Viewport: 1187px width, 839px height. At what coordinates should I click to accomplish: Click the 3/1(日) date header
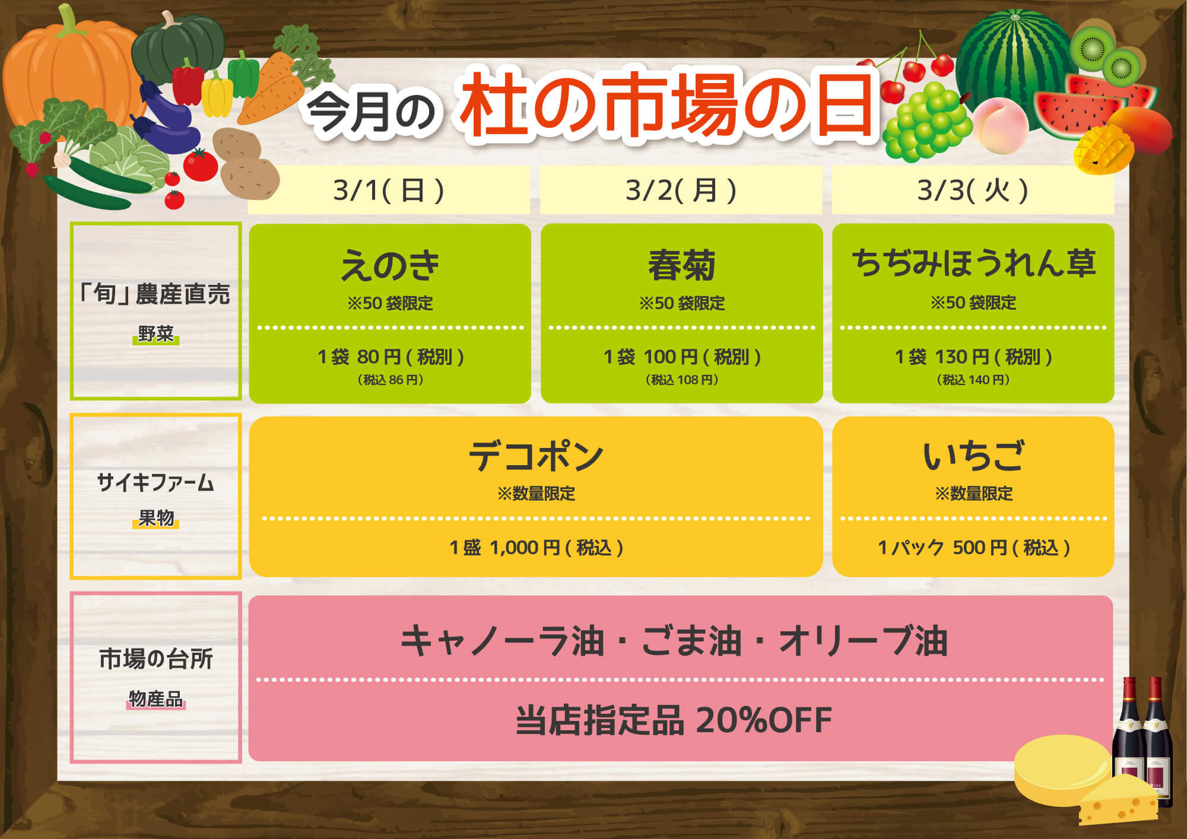(x=389, y=190)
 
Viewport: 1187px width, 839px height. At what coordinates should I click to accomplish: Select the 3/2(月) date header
(x=681, y=190)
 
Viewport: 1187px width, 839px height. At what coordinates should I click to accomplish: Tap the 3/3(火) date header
(x=973, y=190)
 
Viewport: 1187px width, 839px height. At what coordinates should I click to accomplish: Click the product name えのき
(x=390, y=265)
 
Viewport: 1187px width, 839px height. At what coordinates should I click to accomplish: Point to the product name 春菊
(x=681, y=265)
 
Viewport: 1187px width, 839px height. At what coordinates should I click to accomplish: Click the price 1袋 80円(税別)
(x=391, y=357)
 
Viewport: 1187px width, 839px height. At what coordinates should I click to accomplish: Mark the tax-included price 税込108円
(x=682, y=380)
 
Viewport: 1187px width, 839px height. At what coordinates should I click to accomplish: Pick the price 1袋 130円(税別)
(x=973, y=357)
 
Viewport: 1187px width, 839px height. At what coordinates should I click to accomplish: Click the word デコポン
(x=536, y=456)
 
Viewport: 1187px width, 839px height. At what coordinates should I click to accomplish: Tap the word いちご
(x=973, y=456)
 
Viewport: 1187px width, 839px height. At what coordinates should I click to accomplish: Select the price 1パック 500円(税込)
(x=973, y=547)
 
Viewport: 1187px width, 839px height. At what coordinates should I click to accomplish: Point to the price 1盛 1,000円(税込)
(x=536, y=547)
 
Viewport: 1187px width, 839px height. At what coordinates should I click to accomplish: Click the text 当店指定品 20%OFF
(x=674, y=720)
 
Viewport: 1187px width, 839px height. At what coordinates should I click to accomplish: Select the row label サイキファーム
(x=155, y=482)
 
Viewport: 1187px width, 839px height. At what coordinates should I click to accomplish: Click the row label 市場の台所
(x=155, y=659)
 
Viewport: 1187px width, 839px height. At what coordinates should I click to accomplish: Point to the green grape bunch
(x=926, y=122)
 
